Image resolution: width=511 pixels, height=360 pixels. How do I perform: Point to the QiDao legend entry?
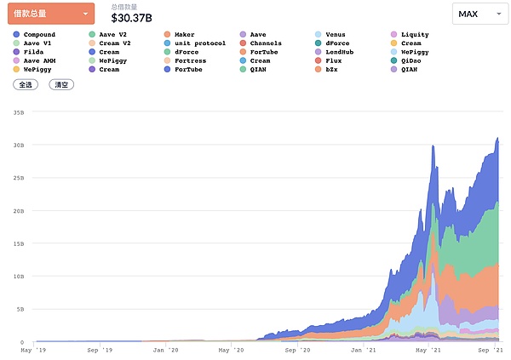tap(411, 60)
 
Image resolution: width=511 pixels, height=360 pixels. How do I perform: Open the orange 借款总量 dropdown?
tap(53, 14)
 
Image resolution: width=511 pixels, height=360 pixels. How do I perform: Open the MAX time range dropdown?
tap(479, 14)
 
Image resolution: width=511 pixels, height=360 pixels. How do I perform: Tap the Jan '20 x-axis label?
tap(166, 349)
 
